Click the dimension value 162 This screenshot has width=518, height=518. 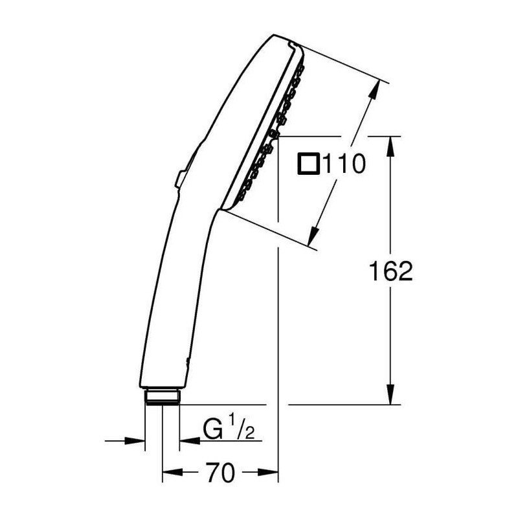[x=390, y=271]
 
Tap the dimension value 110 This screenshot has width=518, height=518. [x=344, y=163]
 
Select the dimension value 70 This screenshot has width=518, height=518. [x=220, y=472]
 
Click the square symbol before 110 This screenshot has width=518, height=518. [x=308, y=163]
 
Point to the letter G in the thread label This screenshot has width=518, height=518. [x=212, y=429]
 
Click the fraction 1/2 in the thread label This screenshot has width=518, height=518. [x=242, y=427]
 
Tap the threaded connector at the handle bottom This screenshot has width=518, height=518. [x=163, y=397]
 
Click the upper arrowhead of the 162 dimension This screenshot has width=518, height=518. [x=390, y=147]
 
